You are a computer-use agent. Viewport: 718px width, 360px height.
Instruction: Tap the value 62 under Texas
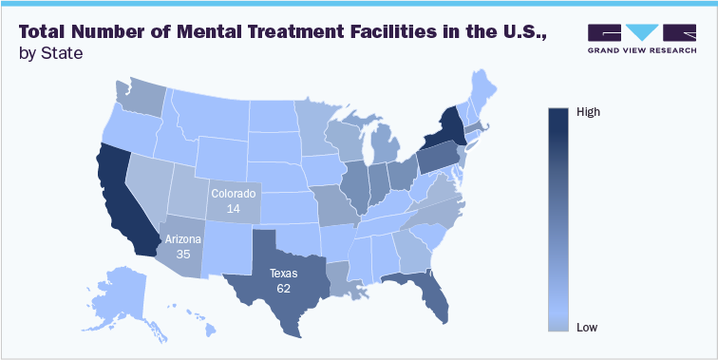pos(283,287)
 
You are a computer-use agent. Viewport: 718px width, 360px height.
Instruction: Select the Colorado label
pos(233,194)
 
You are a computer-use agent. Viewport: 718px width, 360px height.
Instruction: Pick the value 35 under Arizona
pos(184,254)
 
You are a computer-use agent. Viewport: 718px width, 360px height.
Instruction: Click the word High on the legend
pos(589,111)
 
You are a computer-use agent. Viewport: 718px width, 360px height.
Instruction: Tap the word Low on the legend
pos(587,328)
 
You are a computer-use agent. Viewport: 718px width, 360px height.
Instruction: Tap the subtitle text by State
pos(50,53)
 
